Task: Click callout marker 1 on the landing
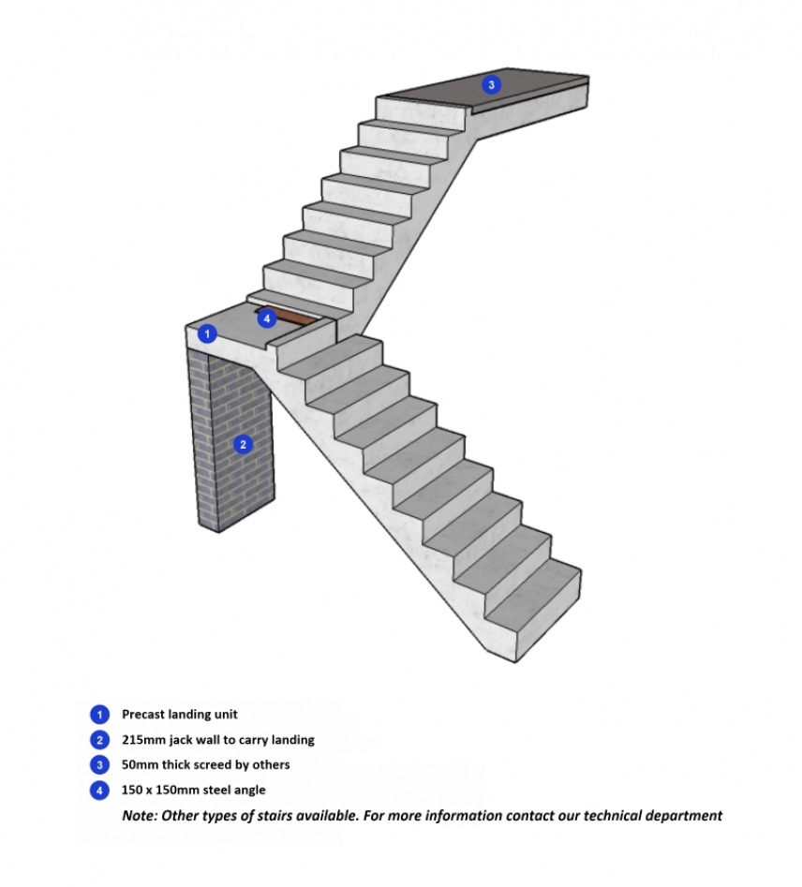click(208, 333)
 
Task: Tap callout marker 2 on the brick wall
click(243, 444)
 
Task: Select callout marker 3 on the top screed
click(491, 85)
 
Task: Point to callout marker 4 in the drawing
click(266, 318)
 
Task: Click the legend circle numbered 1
click(99, 715)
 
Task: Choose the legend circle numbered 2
click(99, 740)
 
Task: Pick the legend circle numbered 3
click(99, 765)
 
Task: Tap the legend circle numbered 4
click(99, 791)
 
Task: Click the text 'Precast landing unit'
click(180, 715)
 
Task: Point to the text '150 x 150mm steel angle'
click(193, 791)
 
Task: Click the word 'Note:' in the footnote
click(140, 816)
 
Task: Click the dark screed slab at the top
click(525, 89)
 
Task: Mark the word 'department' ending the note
click(685, 816)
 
